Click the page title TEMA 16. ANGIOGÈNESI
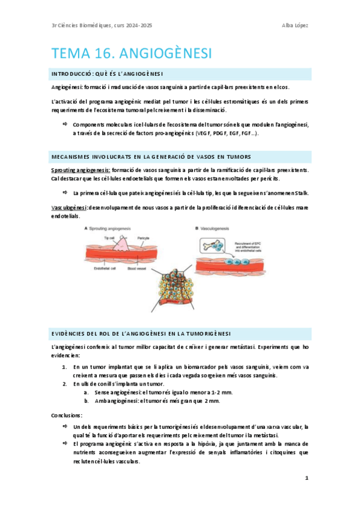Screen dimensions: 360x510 pos(132,54)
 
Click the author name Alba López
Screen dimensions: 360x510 pos(295,25)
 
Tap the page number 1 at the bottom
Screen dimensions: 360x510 pos(307,478)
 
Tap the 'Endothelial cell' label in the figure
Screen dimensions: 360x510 pos(115,269)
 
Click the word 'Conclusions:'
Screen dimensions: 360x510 pos(67,415)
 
